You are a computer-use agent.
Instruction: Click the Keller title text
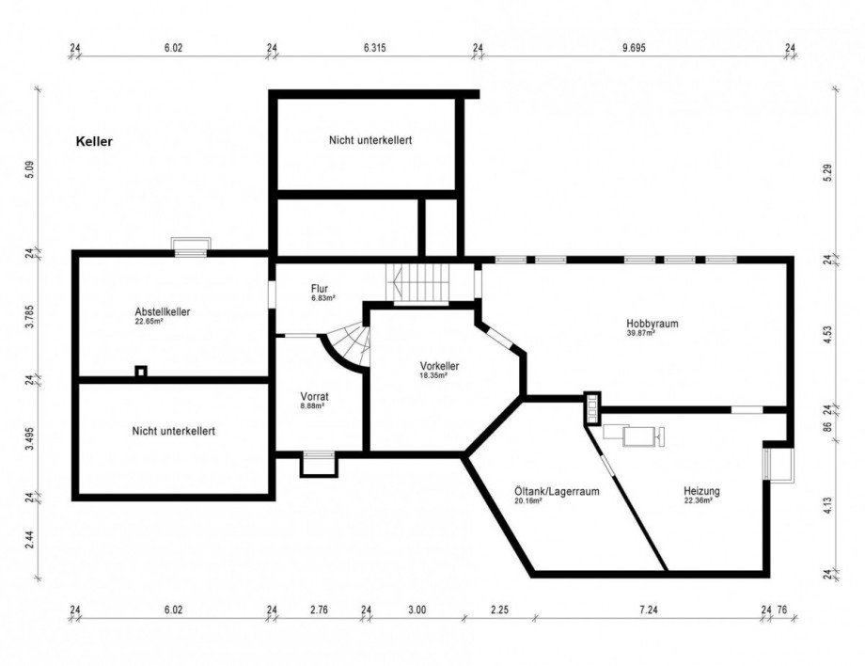click(x=94, y=142)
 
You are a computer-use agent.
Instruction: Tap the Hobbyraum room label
click(x=652, y=323)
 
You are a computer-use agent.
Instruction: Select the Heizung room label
click(x=702, y=491)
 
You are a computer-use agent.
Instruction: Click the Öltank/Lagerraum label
click(x=557, y=491)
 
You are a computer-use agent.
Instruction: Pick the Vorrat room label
click(x=313, y=396)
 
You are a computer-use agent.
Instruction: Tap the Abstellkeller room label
click(x=164, y=311)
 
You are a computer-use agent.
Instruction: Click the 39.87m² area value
click(x=640, y=333)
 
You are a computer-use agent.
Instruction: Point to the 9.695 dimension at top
click(x=633, y=46)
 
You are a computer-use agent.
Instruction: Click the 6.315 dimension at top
click(x=374, y=46)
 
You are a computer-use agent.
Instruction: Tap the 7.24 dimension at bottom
click(x=647, y=610)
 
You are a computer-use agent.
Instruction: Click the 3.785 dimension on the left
click(x=31, y=316)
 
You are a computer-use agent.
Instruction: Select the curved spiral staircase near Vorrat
click(x=350, y=346)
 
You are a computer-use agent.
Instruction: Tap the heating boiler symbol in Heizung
click(x=636, y=435)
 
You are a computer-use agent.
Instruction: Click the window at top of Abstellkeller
click(x=191, y=246)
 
